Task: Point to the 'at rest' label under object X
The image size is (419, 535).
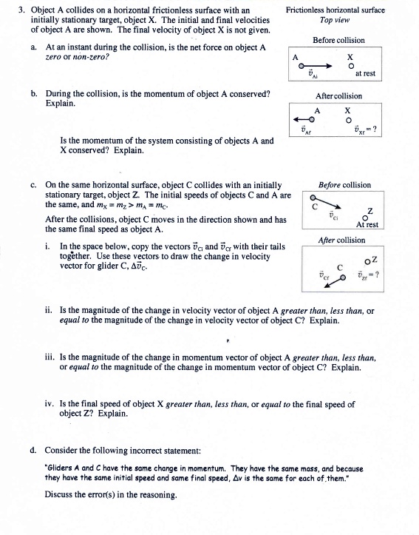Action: [365, 74]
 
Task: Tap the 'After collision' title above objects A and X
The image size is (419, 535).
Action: [338, 97]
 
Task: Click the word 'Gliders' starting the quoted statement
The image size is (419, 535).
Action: [62, 468]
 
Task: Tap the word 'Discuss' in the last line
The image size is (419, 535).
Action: [60, 494]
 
